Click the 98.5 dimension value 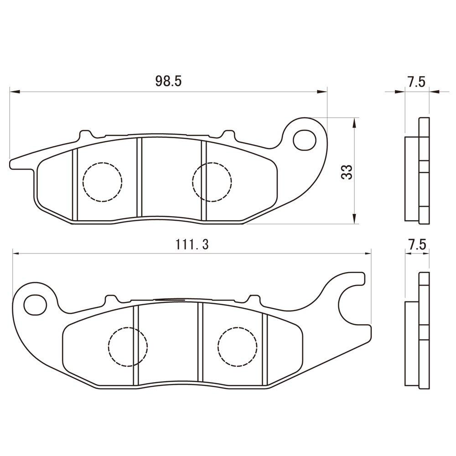coord(168,82)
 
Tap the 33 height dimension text coord(347,172)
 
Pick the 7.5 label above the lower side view coord(417,244)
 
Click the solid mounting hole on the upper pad coord(305,140)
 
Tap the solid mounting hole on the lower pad coord(35,304)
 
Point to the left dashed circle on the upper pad coord(103,181)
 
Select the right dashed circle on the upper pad coord(212,181)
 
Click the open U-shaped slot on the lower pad coord(351,303)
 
